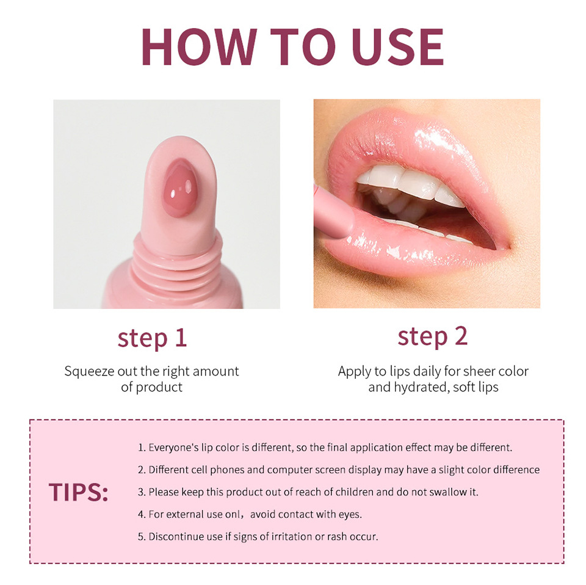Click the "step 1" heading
152,338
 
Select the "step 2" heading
432,336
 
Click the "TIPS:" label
78,493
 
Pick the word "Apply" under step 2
354,371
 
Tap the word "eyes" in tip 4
350,514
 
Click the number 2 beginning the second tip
141,470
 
